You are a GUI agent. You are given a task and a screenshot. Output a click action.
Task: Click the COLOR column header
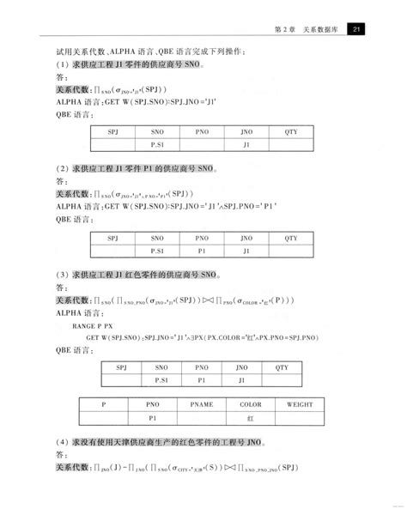(250, 403)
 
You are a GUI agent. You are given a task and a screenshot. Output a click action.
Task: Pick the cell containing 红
(250, 418)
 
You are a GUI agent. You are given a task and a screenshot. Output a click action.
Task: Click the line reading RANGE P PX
(91, 327)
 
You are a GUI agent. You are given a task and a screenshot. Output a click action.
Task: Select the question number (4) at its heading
(62, 444)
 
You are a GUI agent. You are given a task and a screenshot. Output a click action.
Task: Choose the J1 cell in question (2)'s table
(246, 251)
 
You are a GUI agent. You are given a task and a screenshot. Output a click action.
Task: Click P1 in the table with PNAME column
(153, 418)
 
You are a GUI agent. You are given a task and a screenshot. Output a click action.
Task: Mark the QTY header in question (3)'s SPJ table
(282, 367)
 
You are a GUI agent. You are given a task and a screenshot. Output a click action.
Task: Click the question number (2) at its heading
(62, 170)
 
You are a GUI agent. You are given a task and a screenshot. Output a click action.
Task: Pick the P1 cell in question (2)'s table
(202, 251)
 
